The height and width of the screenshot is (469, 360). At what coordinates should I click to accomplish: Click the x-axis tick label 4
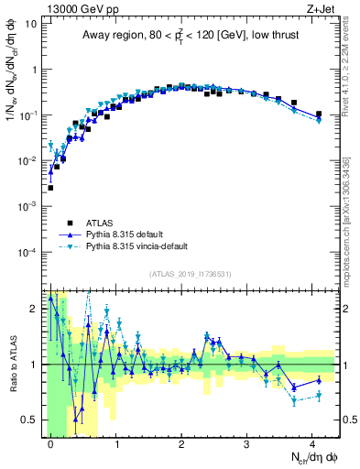(x=312, y=443)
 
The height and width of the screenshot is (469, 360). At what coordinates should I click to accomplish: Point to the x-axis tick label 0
(x=50, y=443)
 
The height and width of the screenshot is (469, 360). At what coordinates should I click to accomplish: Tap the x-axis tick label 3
(x=247, y=443)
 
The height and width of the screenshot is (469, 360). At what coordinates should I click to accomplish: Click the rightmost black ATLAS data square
(x=318, y=115)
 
